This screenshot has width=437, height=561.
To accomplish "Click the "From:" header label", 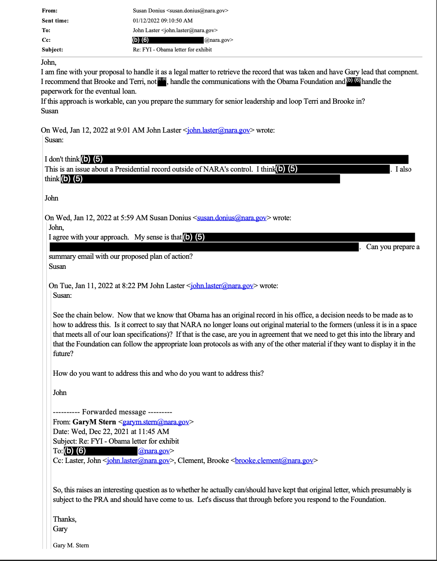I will (x=49, y=11).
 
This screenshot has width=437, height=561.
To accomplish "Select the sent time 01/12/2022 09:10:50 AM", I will (x=163, y=20).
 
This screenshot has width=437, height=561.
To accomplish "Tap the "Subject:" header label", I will (x=52, y=50).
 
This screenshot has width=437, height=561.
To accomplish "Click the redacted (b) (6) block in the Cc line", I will (x=168, y=40).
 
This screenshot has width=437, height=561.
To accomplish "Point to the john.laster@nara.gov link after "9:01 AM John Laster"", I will (x=219, y=130).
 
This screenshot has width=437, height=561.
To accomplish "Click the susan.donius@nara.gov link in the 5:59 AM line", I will (x=232, y=218).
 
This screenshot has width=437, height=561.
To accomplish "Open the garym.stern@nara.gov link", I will (x=156, y=422).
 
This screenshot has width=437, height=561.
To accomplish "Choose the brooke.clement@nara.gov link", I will (x=274, y=461).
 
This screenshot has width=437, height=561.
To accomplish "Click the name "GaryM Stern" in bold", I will (x=94, y=422).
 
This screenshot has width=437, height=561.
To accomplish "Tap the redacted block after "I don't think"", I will (x=244, y=159).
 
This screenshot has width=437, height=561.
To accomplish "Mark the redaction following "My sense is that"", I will (x=298, y=237).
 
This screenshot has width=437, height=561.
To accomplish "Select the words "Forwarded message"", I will (x=114, y=412).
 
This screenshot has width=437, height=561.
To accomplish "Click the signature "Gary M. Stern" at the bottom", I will (x=71, y=545).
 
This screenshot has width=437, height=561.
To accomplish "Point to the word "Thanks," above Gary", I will (x=65, y=519).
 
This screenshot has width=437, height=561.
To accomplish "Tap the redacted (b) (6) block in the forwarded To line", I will (x=101, y=451).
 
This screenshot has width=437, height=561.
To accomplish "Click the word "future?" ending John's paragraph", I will (x=63, y=354).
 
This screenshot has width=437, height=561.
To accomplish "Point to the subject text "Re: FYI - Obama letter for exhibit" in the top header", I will (x=172, y=50).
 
